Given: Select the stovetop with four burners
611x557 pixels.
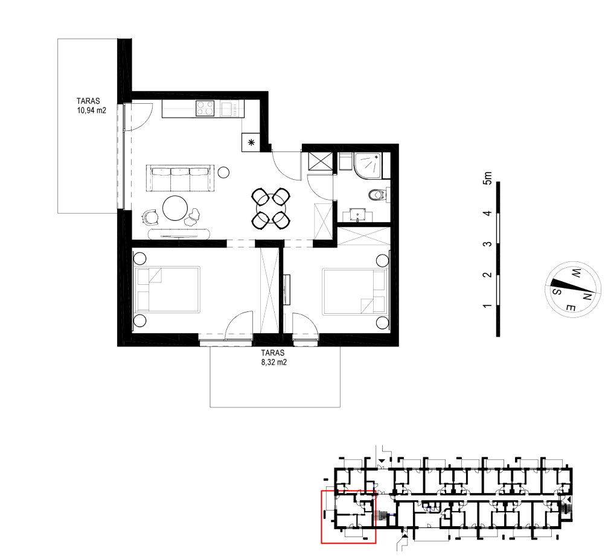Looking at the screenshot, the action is [205, 108].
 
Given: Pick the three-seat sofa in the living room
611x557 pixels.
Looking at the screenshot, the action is [181, 178].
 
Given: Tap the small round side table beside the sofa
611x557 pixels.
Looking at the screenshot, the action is [223, 172].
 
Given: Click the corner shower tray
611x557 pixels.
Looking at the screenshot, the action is [368, 167].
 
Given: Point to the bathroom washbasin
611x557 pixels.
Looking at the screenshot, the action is [357, 215].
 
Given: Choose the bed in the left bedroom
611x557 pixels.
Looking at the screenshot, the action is [167, 289].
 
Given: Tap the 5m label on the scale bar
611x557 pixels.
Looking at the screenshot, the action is [487, 178].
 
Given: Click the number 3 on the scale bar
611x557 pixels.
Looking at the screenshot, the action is [487, 244].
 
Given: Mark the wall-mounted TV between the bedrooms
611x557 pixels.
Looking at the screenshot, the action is [287, 290].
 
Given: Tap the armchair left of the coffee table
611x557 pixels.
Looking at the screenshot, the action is [150, 217].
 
